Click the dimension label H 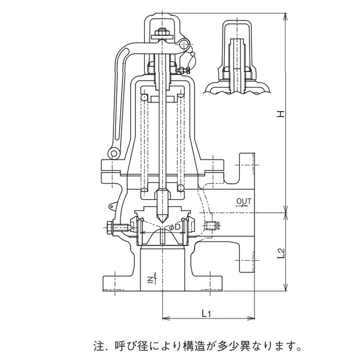coord(281,114)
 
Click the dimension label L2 coord(281,252)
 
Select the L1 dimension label coord(206,312)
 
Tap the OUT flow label coord(243,201)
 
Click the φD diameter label coord(175,227)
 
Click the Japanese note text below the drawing coord(197,346)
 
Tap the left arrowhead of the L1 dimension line coord(163,319)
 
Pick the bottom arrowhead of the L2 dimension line coord(286,289)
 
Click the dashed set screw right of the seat coord(209,225)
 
